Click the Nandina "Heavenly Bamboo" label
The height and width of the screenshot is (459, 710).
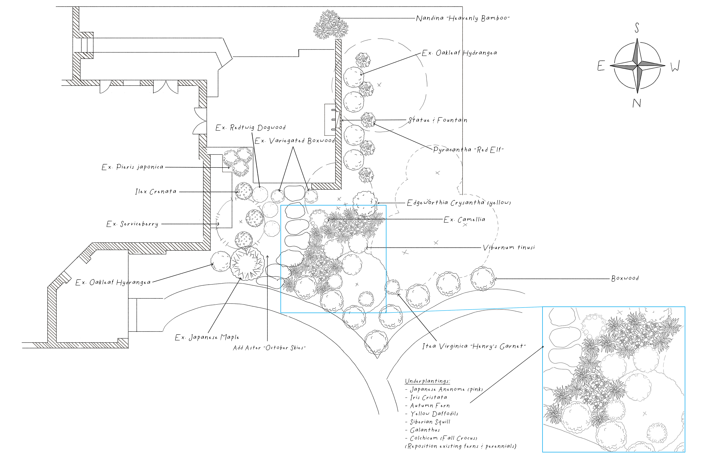click(x=463, y=18)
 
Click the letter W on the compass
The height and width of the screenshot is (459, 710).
click(x=675, y=66)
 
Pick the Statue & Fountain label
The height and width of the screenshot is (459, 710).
click(x=438, y=120)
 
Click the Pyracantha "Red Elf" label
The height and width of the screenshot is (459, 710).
click(x=468, y=150)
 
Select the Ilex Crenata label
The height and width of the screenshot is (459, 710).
click(x=156, y=192)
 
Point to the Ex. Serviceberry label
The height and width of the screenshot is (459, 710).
click(x=132, y=224)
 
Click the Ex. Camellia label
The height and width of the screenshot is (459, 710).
click(x=464, y=220)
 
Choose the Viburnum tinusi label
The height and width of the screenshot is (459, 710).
click(x=509, y=247)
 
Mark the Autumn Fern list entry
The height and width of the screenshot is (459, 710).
click(x=430, y=406)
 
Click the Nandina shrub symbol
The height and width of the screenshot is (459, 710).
click(x=331, y=25)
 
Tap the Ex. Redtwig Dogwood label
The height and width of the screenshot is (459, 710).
click(x=251, y=128)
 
